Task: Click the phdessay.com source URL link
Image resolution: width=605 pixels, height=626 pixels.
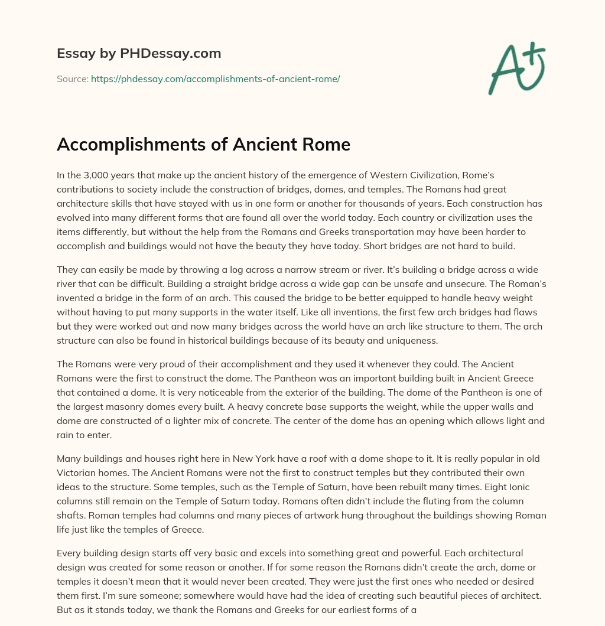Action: pyautogui.click(x=215, y=79)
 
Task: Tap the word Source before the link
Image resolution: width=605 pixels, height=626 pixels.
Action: pyautogui.click(x=72, y=79)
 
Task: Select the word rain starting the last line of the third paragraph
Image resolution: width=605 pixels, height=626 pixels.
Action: pyautogui.click(x=66, y=435)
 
